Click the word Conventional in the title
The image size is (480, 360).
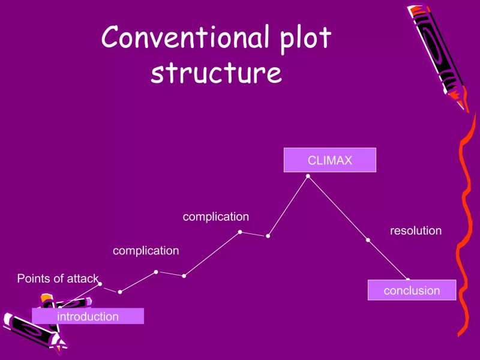click(x=181, y=38)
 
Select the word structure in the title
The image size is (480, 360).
click(x=216, y=73)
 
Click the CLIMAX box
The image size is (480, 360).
click(x=329, y=160)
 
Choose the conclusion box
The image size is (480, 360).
click(x=412, y=290)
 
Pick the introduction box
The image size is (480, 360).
click(x=88, y=316)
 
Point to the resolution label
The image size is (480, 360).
click(x=416, y=230)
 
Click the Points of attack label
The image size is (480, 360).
click(x=57, y=278)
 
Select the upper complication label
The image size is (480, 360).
click(x=215, y=217)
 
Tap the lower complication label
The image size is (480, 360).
click(x=146, y=251)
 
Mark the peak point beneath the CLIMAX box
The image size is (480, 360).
click(x=308, y=176)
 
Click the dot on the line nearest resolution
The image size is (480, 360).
click(x=368, y=240)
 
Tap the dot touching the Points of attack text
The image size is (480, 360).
click(x=100, y=284)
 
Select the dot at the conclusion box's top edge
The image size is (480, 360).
click(x=408, y=280)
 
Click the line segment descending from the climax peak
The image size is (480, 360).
click(x=338, y=208)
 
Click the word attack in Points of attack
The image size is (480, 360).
click(x=82, y=278)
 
